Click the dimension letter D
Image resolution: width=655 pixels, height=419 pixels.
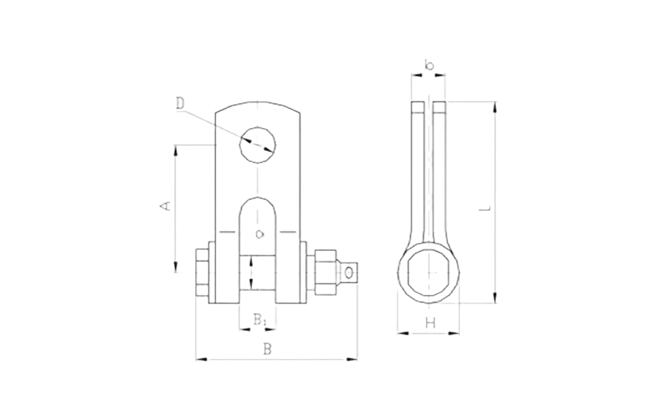(x=179, y=104)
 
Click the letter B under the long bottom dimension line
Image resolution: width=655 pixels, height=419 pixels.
(x=269, y=348)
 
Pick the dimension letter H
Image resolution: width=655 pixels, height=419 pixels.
(x=429, y=324)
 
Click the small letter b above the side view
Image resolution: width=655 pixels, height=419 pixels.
(x=428, y=64)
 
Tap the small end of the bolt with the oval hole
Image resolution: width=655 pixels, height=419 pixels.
(x=353, y=274)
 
